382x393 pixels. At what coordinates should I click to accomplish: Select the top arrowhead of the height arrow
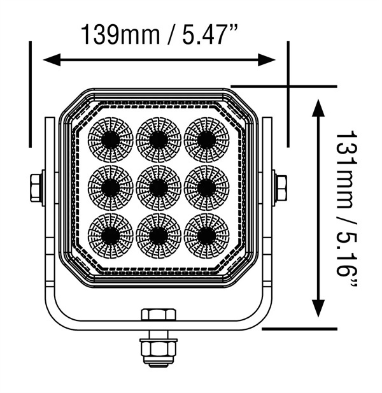pyautogui.click(x=316, y=106)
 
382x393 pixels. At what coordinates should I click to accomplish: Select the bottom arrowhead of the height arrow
pyautogui.click(x=316, y=310)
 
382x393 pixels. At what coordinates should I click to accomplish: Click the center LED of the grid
pyautogui.click(x=158, y=187)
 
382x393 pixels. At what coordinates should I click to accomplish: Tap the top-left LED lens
pyautogui.click(x=110, y=139)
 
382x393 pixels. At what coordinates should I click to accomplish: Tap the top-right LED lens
pyautogui.click(x=206, y=139)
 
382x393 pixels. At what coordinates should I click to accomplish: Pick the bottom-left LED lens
pyautogui.click(x=110, y=234)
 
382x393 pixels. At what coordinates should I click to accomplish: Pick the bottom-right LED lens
pyautogui.click(x=206, y=234)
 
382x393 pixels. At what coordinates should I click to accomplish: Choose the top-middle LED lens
pyautogui.click(x=158, y=139)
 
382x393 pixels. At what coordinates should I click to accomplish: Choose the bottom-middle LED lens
pyautogui.click(x=158, y=234)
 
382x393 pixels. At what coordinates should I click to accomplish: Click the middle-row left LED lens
pyautogui.click(x=110, y=187)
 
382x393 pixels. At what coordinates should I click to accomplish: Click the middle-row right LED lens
pyautogui.click(x=206, y=187)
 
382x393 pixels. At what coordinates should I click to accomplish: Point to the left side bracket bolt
pyautogui.click(x=36, y=187)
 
